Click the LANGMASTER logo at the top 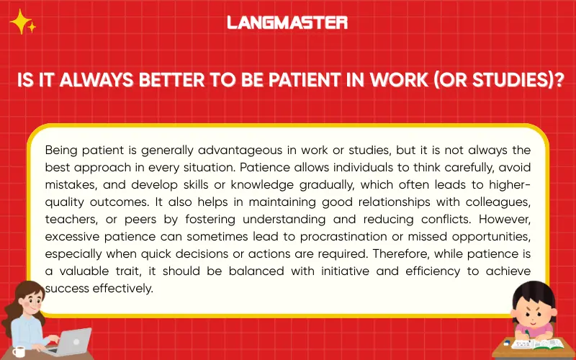tap(287, 22)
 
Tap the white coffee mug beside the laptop tap(19, 351)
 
